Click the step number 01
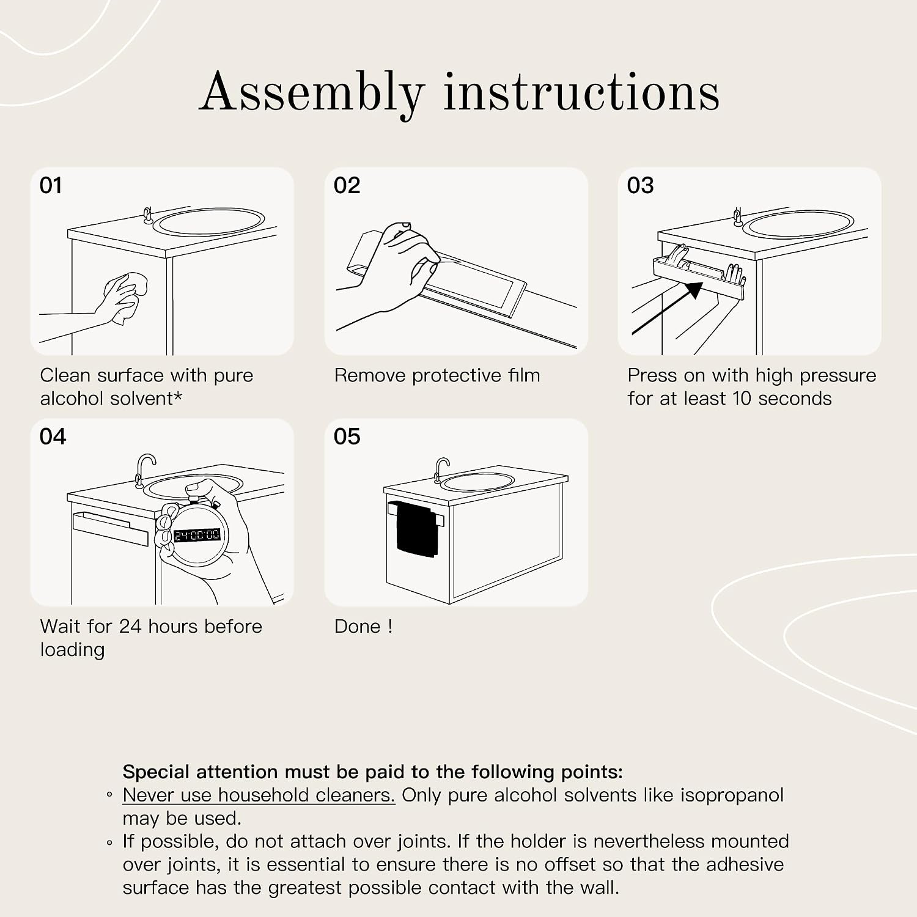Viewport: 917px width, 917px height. (x=51, y=185)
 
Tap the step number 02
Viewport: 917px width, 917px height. (x=347, y=185)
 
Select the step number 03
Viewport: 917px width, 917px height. (x=640, y=185)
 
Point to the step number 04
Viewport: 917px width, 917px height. (x=53, y=436)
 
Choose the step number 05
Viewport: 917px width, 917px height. (x=347, y=436)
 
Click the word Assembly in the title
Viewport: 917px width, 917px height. (x=312, y=93)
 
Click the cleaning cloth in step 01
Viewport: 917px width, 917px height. (x=131, y=298)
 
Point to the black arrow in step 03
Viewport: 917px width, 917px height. (x=667, y=308)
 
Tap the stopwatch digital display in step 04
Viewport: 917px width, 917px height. (x=197, y=536)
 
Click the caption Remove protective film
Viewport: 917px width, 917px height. (x=437, y=375)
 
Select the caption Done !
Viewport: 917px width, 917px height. (x=363, y=627)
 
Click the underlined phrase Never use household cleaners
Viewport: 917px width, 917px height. (x=259, y=795)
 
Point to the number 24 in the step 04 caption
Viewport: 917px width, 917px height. (x=130, y=627)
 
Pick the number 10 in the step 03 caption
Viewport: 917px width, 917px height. (x=742, y=399)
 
